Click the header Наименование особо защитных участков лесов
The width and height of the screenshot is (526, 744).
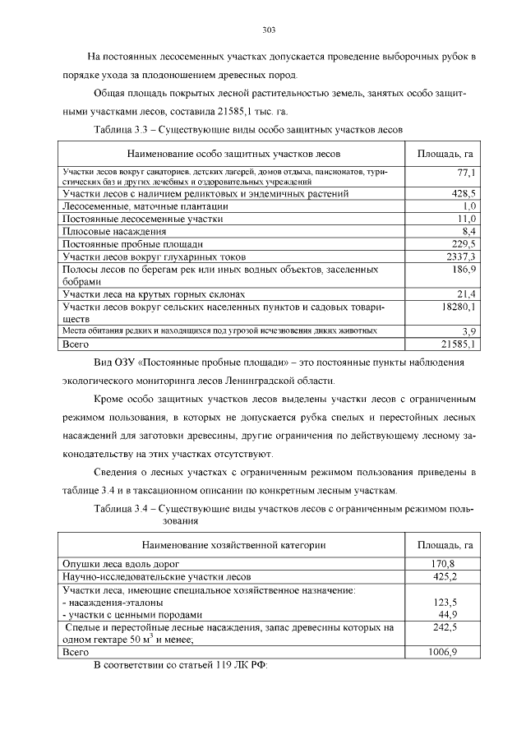pos(233,154)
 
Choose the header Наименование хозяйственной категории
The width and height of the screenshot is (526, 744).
pos(233,544)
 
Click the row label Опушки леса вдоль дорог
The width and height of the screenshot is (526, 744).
pos(121,564)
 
